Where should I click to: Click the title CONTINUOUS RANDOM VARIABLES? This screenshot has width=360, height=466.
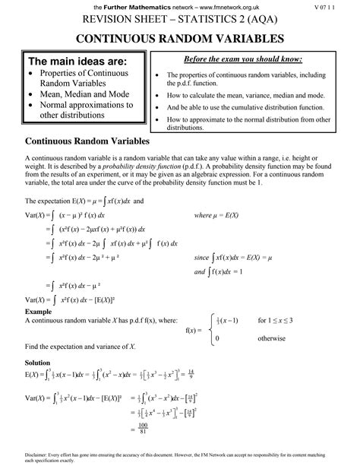point(179,38)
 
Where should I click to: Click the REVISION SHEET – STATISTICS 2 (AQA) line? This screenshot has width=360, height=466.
point(179,21)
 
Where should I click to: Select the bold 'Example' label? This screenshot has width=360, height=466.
point(37,312)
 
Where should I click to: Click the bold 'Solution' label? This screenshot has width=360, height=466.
point(38,363)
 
